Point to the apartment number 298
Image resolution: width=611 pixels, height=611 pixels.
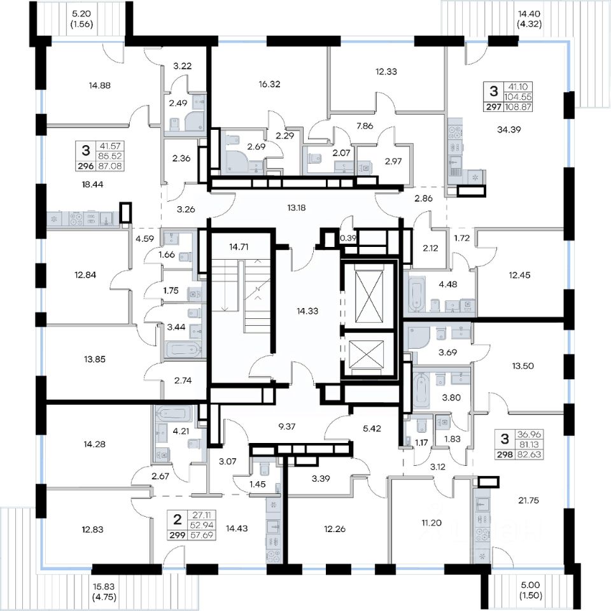pyautogui.click(x=505, y=454)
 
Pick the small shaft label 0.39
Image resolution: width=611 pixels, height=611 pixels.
pyautogui.click(x=349, y=237)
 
